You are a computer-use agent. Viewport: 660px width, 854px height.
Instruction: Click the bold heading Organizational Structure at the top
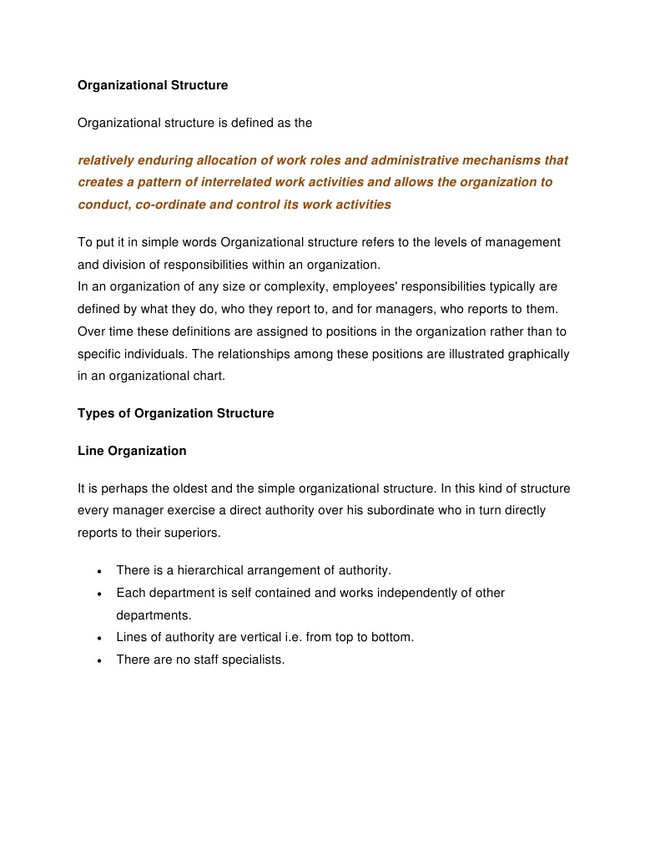[153, 85]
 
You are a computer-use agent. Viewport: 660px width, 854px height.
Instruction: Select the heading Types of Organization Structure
[175, 413]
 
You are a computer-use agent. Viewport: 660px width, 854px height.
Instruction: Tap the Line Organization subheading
[132, 451]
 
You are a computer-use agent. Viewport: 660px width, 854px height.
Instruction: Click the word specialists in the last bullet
[254, 659]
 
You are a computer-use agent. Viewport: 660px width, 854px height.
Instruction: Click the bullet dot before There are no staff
[99, 660]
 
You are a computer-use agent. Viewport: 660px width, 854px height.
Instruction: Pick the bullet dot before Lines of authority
[99, 639]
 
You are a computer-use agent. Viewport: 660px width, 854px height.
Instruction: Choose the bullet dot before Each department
[99, 594]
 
